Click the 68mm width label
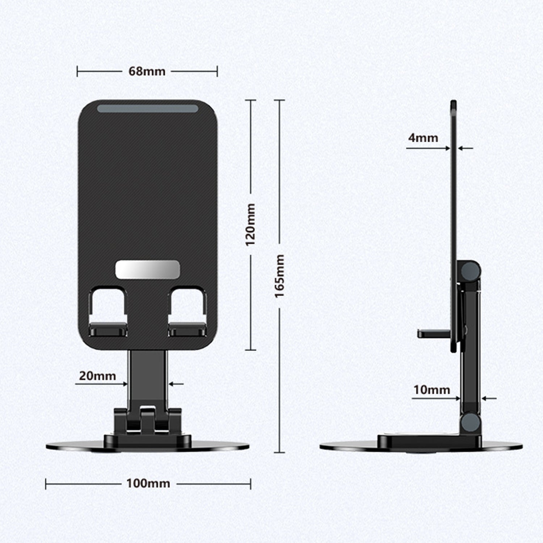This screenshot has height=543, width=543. click(x=147, y=71)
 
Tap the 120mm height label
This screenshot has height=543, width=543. click(x=251, y=224)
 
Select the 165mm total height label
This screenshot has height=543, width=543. click(x=279, y=276)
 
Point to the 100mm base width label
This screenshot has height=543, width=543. click(x=148, y=483)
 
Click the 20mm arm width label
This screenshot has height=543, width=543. click(x=97, y=376)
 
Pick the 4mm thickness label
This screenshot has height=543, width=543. click(x=423, y=138)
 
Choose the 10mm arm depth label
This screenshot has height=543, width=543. click(x=432, y=390)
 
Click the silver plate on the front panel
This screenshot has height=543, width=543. click(x=147, y=270)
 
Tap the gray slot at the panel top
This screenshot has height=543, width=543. click(x=147, y=108)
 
